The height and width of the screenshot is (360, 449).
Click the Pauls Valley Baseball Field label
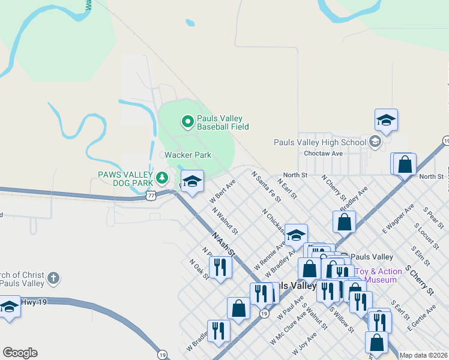point(215,122)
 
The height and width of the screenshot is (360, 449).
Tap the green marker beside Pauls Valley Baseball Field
point(187,122)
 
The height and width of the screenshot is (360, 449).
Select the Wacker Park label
point(188,155)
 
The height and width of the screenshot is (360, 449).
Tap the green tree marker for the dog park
point(161,178)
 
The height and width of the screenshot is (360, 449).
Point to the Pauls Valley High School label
point(319,142)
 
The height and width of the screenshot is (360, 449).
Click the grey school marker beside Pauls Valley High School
point(375,142)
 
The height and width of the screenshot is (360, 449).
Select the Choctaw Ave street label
point(323,154)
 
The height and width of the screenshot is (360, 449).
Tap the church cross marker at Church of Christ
point(53,278)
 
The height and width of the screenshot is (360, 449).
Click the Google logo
point(20,353)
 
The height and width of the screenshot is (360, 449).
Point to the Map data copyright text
point(423,355)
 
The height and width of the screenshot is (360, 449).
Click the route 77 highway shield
point(151,195)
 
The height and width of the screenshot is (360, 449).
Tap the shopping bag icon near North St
point(405,163)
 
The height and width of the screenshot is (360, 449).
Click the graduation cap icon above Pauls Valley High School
point(386,120)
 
